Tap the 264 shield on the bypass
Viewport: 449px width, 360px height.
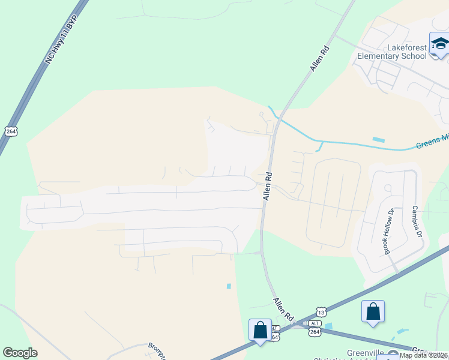pos(10,131)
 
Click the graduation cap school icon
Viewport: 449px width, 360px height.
pos(439,44)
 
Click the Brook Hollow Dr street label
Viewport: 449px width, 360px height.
pos(388,232)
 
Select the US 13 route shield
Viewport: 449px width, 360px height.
pos(321,313)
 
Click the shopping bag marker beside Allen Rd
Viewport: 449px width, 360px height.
pos(260,330)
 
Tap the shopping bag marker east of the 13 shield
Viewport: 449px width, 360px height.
pos(373,312)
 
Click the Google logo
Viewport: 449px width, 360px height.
pos(20,353)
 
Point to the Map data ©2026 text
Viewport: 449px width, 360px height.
pos(423,355)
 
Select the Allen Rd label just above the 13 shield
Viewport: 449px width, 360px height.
pos(283,309)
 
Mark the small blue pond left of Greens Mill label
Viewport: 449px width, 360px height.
pos(378,140)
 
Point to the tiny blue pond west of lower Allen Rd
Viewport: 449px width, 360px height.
pos(229,286)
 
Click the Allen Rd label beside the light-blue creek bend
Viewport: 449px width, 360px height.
pos(268,187)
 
